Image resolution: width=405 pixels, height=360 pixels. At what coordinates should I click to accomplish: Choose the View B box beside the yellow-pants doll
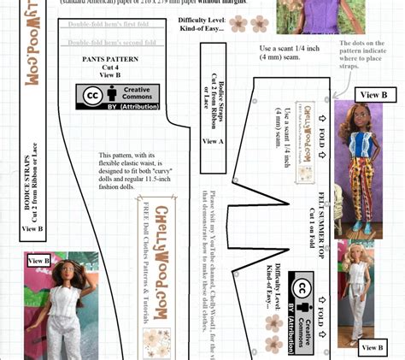[373, 95]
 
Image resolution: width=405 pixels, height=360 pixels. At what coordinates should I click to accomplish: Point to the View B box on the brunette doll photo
[40, 260]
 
